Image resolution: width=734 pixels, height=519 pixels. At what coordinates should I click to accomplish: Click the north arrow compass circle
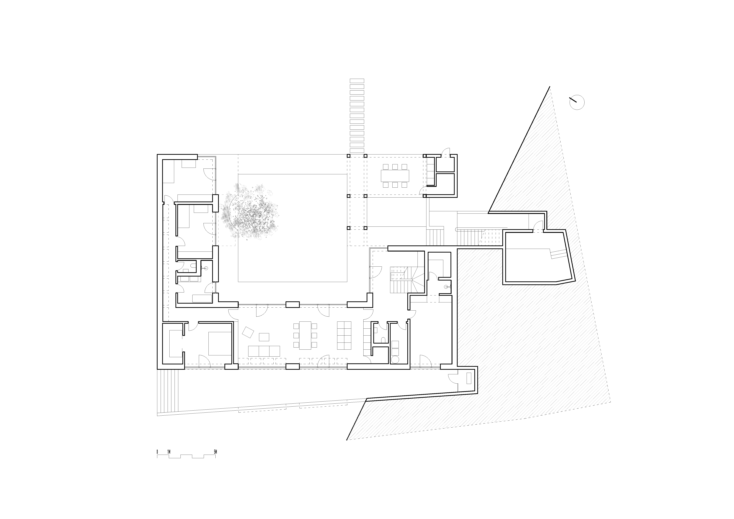point(577,103)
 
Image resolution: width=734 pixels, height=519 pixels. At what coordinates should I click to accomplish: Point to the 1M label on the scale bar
point(169,452)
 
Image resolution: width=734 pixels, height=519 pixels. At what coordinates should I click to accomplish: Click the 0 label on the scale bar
point(157,452)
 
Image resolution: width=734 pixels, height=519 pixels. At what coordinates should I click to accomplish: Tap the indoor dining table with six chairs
point(305,335)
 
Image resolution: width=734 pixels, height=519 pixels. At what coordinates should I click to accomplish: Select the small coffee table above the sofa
point(264,337)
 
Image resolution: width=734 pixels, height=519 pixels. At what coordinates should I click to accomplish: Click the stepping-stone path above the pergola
point(357,116)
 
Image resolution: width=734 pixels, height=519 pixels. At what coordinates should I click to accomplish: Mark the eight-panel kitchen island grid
point(344,335)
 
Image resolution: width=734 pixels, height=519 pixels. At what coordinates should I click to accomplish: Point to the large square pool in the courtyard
point(293,228)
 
